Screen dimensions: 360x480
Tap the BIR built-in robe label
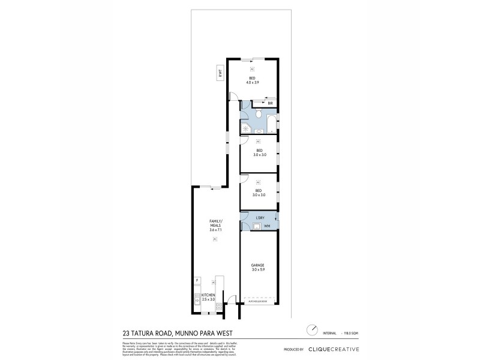click(x=270, y=103)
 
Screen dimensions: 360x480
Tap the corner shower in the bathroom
click(x=245, y=128)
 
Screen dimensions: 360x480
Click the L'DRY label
click(x=260, y=217)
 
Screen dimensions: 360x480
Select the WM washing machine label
click(x=267, y=226)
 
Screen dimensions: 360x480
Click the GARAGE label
click(x=259, y=265)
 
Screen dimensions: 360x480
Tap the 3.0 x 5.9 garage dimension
click(x=259, y=270)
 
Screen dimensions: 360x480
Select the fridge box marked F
click(x=196, y=281)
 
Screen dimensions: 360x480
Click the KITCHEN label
click(x=208, y=295)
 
